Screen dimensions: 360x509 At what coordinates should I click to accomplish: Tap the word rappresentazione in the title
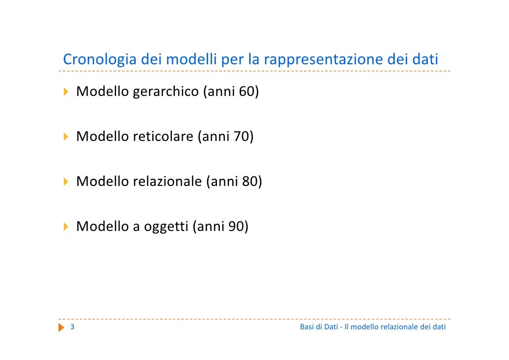coord(323,60)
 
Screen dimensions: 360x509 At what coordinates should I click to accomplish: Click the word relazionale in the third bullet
coord(167,181)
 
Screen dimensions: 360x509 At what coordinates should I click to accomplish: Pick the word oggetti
coord(166,227)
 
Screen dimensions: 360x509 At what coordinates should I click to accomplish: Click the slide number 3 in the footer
coord(73,327)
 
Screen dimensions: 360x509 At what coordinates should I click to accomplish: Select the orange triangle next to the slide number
coord(61,327)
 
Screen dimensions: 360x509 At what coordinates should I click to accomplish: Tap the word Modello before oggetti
coord(102,227)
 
